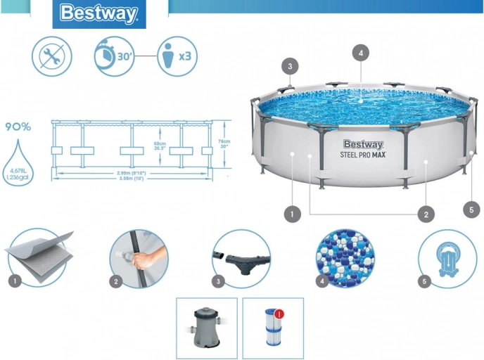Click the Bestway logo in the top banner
[98, 13]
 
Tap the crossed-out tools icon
[51, 56]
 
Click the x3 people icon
[175, 56]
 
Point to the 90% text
[18, 127]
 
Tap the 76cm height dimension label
[224, 142]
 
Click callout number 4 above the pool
[360, 53]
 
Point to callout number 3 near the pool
[291, 66]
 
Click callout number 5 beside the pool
[472, 207]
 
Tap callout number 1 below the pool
[290, 212]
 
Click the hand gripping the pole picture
[139, 258]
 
